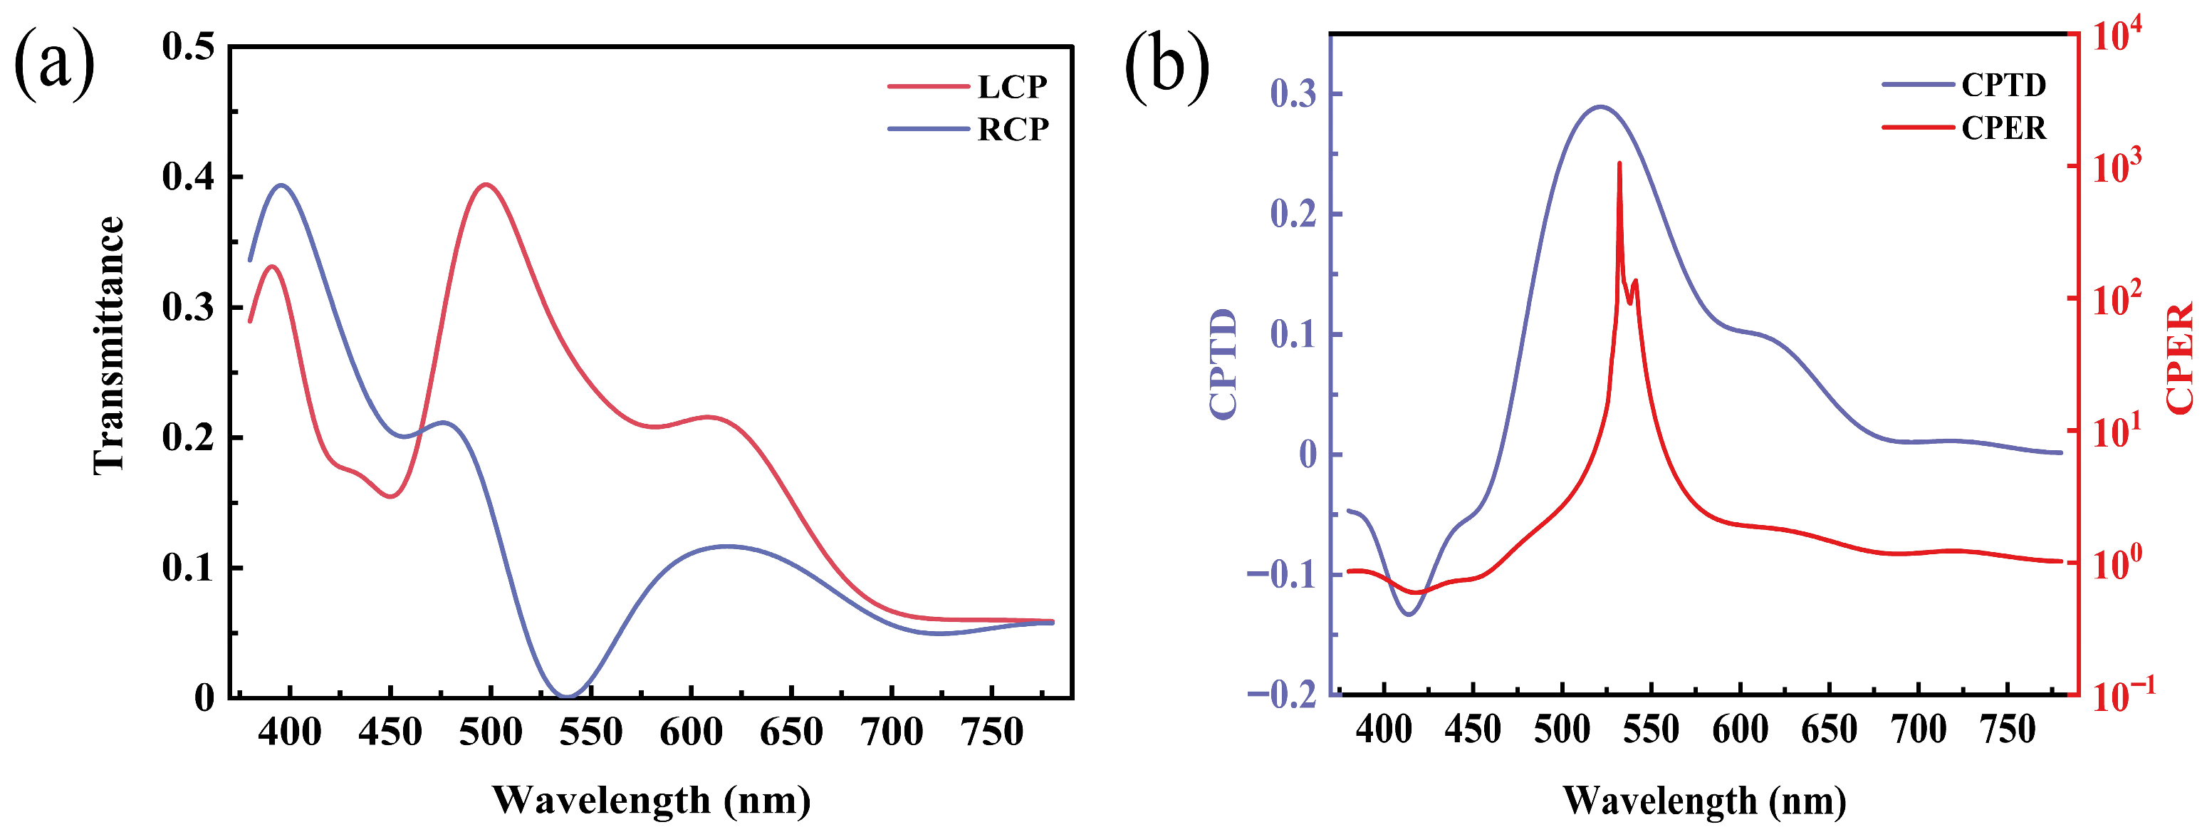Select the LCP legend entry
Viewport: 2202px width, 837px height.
tap(1011, 86)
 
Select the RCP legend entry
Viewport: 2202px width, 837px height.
tap(1012, 129)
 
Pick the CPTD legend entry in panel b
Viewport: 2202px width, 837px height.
tap(2003, 85)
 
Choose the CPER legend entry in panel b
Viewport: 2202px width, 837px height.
tap(2003, 128)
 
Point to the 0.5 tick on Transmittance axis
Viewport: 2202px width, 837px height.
tap(188, 46)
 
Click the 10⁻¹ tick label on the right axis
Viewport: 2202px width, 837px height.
tap(2122, 695)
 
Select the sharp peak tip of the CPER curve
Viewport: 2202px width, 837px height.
tap(1619, 163)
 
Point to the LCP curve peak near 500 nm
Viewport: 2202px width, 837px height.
tap(486, 184)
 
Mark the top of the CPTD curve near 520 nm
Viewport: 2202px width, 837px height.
tap(1600, 107)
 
